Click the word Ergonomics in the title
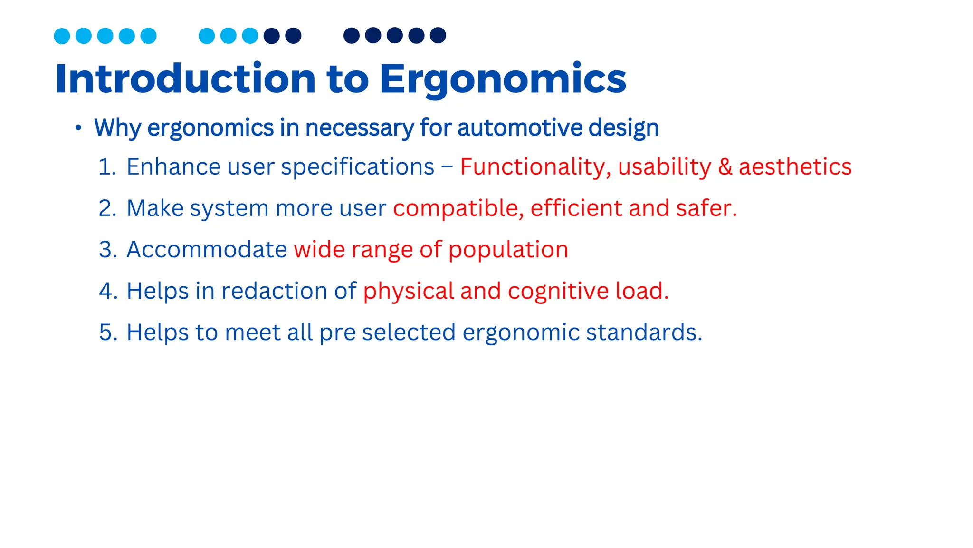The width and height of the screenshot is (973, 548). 503,79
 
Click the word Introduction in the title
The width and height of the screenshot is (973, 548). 185,79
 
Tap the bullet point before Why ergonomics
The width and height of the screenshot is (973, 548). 78,127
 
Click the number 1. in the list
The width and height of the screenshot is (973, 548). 107,167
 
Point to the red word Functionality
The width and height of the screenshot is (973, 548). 532,167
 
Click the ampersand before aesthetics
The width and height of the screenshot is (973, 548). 725,167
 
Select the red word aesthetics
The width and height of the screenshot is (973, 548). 795,167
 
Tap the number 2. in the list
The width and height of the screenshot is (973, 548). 107,208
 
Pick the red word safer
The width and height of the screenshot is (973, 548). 706,208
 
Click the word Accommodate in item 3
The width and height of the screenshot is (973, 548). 207,250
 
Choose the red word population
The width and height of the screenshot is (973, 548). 508,250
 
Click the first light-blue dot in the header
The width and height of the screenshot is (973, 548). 62,36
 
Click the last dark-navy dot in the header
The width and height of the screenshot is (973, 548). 438,35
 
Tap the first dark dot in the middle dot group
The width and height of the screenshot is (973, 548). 272,36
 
